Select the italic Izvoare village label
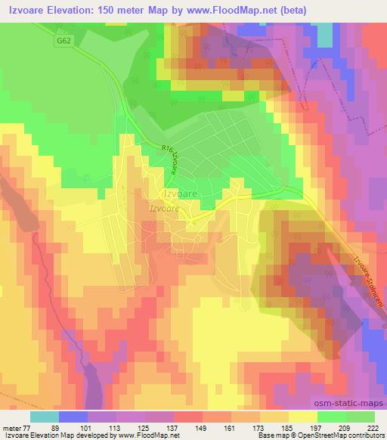tap(163, 208)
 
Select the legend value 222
tap(373, 427)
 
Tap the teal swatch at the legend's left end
tap(45, 416)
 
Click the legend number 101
tap(94, 427)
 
